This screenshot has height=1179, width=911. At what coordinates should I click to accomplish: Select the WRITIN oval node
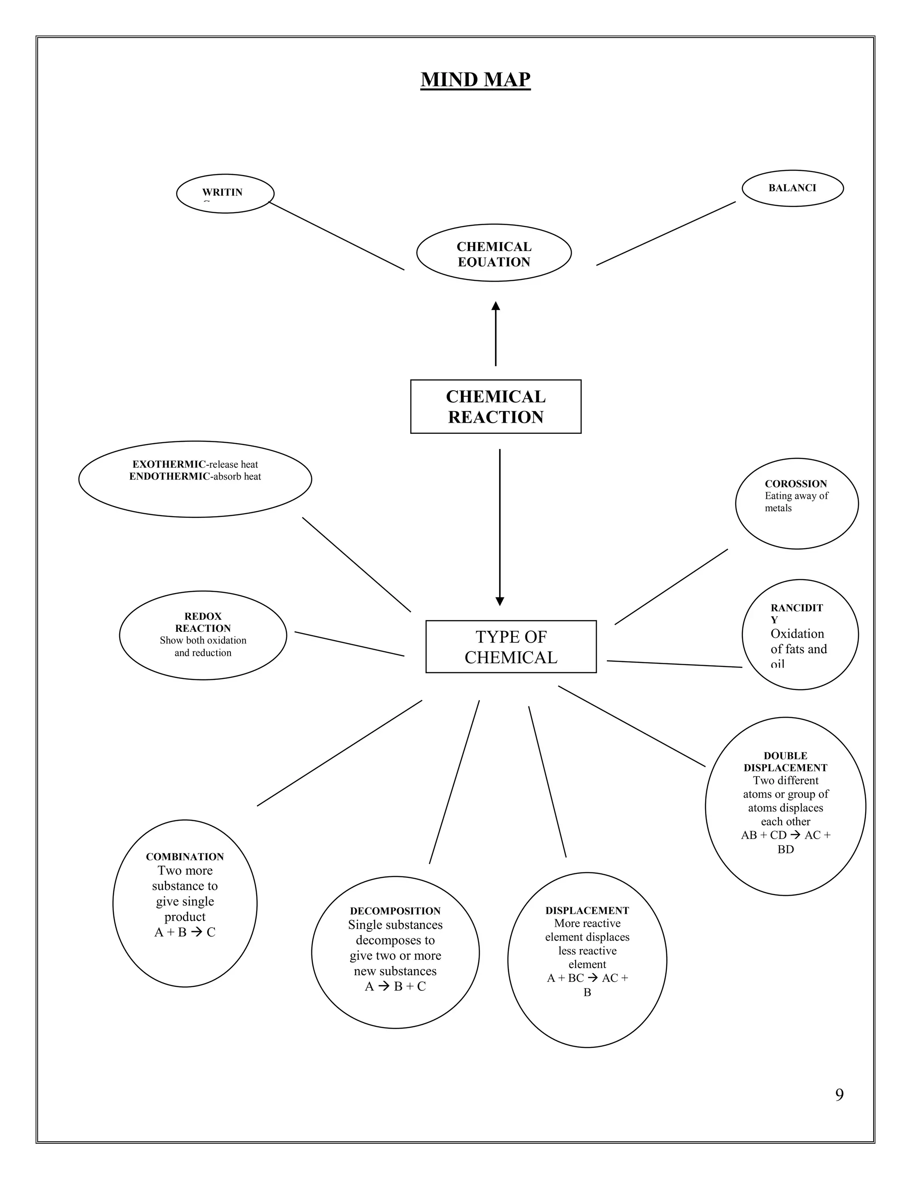click(x=225, y=193)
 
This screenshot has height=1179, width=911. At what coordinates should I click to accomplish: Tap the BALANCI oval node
click(x=792, y=188)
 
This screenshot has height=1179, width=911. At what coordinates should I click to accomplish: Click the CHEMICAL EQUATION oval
click(x=494, y=253)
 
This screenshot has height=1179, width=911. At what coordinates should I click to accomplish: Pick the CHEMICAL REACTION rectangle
click(x=496, y=407)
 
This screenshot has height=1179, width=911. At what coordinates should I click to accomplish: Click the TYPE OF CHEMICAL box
click(x=511, y=647)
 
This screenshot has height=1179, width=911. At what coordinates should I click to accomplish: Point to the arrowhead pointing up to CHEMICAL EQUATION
click(x=496, y=306)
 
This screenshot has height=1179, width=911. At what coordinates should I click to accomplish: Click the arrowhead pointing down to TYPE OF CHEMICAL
click(x=500, y=602)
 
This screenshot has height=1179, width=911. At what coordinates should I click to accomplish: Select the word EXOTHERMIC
click(x=169, y=464)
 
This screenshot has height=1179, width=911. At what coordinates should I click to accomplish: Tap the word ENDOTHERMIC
click(x=169, y=476)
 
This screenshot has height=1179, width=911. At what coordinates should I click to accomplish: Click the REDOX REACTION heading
click(x=203, y=622)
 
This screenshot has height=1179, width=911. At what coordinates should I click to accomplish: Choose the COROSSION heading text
click(x=795, y=484)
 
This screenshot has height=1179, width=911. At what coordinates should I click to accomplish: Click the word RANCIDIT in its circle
click(x=797, y=608)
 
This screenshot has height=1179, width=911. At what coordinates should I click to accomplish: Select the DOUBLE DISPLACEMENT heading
click(x=785, y=762)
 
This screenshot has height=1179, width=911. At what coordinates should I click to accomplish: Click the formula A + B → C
click(x=185, y=932)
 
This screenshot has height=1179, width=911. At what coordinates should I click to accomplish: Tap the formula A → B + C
click(x=395, y=986)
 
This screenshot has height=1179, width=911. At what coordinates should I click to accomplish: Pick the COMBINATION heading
click(x=185, y=857)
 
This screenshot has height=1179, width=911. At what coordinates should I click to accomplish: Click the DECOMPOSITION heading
click(x=395, y=911)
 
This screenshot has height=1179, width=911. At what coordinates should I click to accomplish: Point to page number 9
click(x=839, y=1094)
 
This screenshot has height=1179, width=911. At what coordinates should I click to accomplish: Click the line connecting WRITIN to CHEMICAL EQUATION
click(x=336, y=236)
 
